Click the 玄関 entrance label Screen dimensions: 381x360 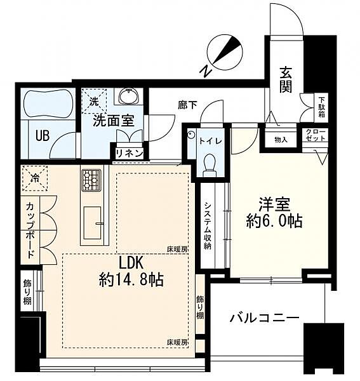coord(286,80)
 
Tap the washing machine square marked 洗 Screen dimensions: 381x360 coord(94,100)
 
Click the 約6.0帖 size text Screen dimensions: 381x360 coord(274,222)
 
